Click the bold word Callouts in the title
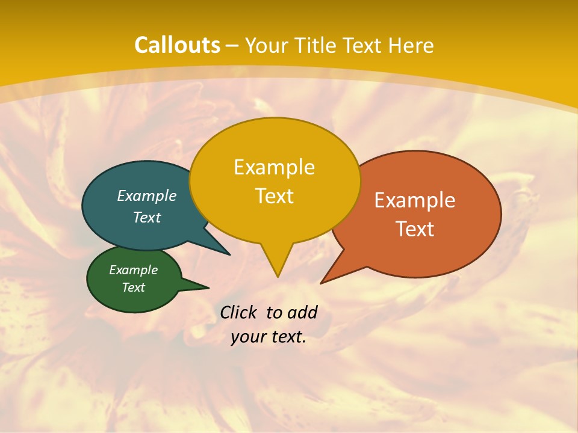177,45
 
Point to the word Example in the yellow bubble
274,167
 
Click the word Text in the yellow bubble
275,196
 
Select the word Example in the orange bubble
415,200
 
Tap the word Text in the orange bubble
415,229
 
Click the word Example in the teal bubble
147,196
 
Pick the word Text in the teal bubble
147,218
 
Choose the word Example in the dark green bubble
134,271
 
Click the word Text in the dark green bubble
134,287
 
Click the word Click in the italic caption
240,313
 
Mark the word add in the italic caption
302,313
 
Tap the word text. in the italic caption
287,337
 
